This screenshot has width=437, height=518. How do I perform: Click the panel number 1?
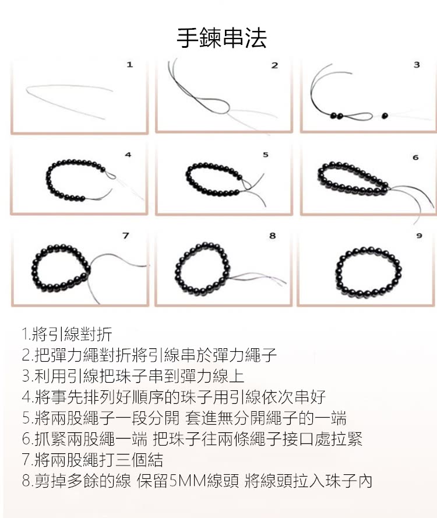click(129, 65)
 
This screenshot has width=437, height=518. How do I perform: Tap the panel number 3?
click(416, 65)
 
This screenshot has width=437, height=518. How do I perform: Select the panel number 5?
click(266, 155)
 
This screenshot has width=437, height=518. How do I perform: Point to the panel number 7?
click(125, 236)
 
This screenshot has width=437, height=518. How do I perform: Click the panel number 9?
click(418, 236)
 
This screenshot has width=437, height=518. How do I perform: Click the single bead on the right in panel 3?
click(385, 116)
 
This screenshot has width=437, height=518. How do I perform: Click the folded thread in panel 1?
click(70, 96)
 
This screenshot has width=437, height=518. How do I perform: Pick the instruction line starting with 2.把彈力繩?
click(149, 355)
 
